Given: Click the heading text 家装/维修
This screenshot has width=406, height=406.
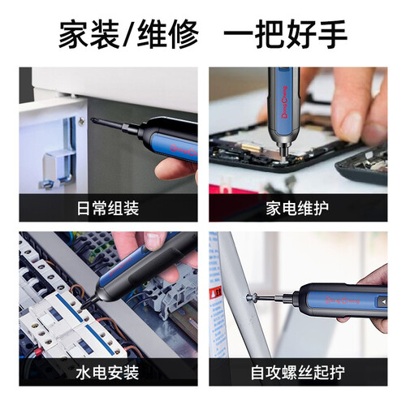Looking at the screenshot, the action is click(x=129, y=34).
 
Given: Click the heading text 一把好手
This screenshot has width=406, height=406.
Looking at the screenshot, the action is click(x=286, y=34).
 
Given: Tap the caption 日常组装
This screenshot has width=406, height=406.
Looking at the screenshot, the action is click(x=108, y=208).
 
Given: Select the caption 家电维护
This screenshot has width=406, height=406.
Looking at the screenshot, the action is click(x=297, y=208).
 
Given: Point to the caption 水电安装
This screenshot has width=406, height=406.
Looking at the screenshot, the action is click(x=107, y=373).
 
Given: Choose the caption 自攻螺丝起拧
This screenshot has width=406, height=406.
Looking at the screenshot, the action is click(x=298, y=373).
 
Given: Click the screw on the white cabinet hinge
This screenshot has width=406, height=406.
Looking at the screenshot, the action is click(x=81, y=121).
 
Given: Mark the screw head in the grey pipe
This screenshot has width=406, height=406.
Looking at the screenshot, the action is click(x=249, y=298).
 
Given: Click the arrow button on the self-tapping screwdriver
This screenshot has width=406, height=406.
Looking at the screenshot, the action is click(x=382, y=301).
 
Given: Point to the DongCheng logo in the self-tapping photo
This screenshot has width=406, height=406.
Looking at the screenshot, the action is click(x=342, y=300).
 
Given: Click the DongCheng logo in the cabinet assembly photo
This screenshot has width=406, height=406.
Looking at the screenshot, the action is click(x=184, y=151).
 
